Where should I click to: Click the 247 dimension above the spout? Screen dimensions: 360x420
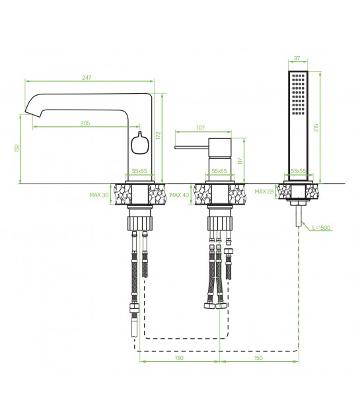point(87,78)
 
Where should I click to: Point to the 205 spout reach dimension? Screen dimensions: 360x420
point(85,123)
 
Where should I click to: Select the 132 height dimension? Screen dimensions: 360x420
point(17,148)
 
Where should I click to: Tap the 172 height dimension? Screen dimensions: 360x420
point(158,135)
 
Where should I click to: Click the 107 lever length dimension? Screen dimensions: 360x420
point(200,127)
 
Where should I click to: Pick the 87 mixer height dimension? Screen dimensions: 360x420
point(240,160)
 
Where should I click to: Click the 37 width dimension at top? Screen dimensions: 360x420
point(297,58)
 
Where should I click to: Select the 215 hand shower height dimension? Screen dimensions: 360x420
point(316,127)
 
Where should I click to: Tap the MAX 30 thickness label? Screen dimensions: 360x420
point(99,195)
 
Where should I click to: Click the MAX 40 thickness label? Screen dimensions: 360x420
point(179,195)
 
